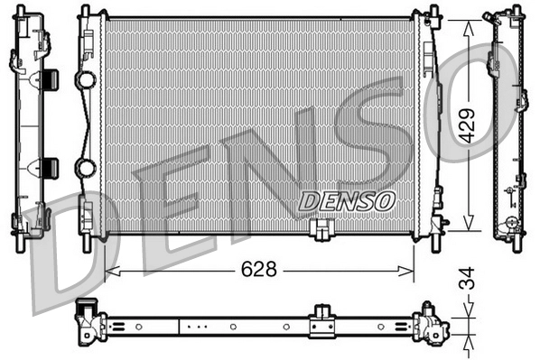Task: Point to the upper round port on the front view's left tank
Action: pyautogui.click(x=87, y=80)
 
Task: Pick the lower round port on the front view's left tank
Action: pyautogui.click(x=87, y=168)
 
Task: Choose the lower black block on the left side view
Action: pyautogui.click(x=50, y=167)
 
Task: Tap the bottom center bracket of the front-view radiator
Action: pyautogui.click(x=319, y=231)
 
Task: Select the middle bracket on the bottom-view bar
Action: pyautogui.click(x=321, y=322)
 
